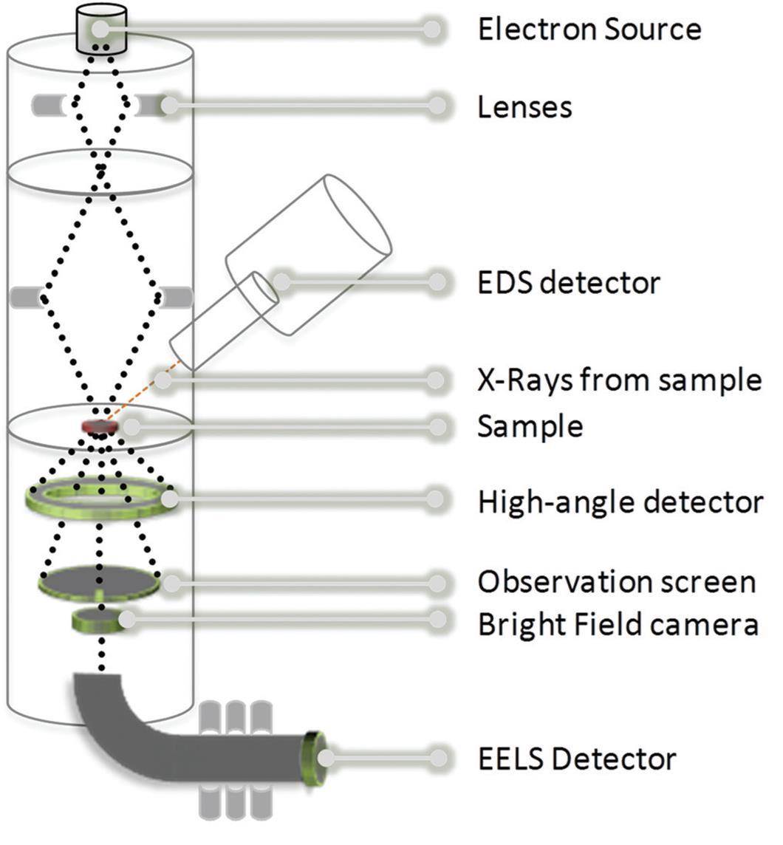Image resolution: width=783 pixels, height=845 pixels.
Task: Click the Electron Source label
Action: (x=589, y=30)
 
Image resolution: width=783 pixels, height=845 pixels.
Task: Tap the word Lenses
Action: (x=524, y=107)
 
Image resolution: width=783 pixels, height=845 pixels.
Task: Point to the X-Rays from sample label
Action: (x=619, y=380)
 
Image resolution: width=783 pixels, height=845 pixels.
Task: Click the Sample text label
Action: (x=530, y=426)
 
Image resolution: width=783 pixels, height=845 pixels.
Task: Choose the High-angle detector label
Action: (x=620, y=502)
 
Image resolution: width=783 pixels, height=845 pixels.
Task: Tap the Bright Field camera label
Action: (x=618, y=625)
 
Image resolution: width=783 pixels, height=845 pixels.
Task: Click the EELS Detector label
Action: (x=577, y=759)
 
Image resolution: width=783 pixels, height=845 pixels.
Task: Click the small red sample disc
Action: (x=99, y=426)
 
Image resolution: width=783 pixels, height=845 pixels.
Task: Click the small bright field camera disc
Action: (x=96, y=620)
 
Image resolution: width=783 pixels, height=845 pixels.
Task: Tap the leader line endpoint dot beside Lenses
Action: (x=437, y=106)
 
